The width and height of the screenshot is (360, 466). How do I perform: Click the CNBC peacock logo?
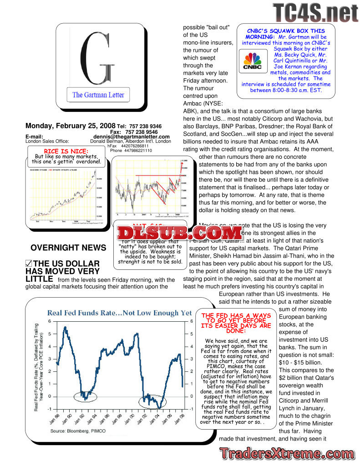click(x=252, y=61)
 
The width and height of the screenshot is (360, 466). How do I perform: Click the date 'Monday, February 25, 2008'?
click(x=70, y=126)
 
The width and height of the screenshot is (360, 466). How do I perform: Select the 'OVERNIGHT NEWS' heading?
click(x=62, y=248)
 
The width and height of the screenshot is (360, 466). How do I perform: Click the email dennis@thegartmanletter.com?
click(x=132, y=137)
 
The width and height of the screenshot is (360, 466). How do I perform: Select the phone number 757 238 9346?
click(x=143, y=126)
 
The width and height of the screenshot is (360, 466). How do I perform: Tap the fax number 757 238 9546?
click(x=143, y=132)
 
